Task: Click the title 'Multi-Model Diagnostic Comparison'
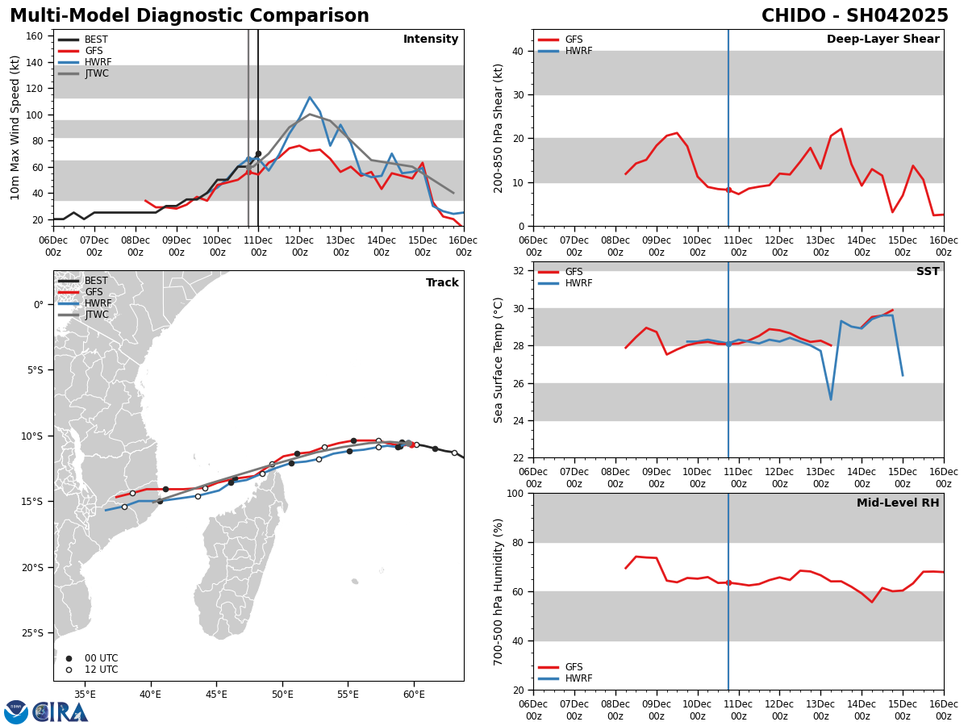tap(189, 16)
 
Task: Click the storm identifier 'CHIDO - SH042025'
tap(854, 16)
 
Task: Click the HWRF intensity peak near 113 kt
tap(310, 98)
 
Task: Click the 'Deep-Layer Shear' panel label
tap(882, 40)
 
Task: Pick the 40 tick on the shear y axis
tap(519, 52)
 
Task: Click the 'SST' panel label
tap(927, 272)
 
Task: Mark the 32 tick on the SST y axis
tap(519, 271)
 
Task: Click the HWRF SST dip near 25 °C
tap(831, 398)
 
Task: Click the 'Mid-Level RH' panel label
tap(897, 503)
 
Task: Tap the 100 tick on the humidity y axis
tap(515, 494)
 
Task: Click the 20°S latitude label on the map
tap(33, 567)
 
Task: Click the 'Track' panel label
tap(442, 283)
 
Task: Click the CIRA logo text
tap(60, 712)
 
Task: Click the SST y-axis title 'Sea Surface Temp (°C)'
tap(499, 360)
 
